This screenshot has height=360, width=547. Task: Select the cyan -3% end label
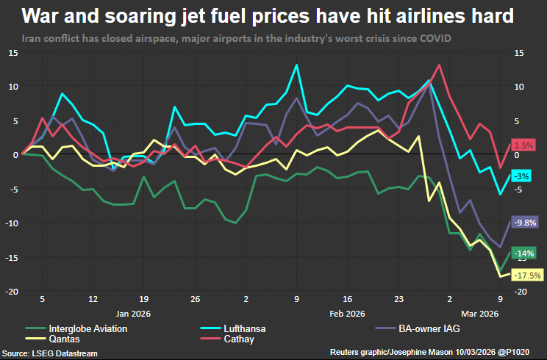[x=521, y=177]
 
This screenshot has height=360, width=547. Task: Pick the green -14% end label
[x=525, y=253]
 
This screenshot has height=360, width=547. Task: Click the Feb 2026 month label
[x=347, y=314]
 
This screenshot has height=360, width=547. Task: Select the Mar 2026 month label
[x=482, y=314]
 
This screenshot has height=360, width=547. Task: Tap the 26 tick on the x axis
[x=195, y=300]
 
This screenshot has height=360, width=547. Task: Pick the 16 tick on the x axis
[x=348, y=300]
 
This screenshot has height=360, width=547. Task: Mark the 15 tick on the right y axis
[x=519, y=53]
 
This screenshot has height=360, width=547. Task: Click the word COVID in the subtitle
[x=434, y=37]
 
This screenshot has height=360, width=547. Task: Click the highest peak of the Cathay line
[x=440, y=65]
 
